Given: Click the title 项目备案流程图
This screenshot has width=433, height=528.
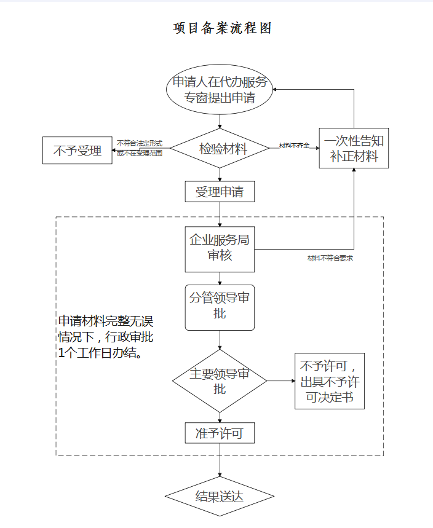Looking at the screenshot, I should tap(222, 28).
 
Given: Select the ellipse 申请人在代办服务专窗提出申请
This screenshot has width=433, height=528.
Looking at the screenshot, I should tap(220, 90).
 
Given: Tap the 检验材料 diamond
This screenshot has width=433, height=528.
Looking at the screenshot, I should tap(220, 149).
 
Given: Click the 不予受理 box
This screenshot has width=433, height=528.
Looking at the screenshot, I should tap(77, 150).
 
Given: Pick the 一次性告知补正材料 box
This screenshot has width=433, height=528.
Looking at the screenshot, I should tap(354, 148).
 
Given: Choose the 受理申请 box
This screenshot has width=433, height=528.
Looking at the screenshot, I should tap(220, 192).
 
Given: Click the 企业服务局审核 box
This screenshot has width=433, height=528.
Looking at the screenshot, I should tap(220, 249).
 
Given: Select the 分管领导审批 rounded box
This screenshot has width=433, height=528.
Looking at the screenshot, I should tap(220, 307).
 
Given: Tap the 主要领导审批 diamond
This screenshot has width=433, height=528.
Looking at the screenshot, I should tap(220, 381).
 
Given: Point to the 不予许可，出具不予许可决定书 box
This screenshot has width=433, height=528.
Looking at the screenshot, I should tap(330, 381).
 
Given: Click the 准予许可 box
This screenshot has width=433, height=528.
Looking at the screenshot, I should tap(220, 433).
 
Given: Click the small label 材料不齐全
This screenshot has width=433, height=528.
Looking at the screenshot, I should tap(294, 145).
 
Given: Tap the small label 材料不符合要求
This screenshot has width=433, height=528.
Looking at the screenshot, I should tap(330, 259).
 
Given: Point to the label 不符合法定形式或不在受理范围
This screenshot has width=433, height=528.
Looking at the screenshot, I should tap(140, 148).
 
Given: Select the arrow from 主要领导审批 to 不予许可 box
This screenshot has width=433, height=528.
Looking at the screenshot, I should tap(281, 381).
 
